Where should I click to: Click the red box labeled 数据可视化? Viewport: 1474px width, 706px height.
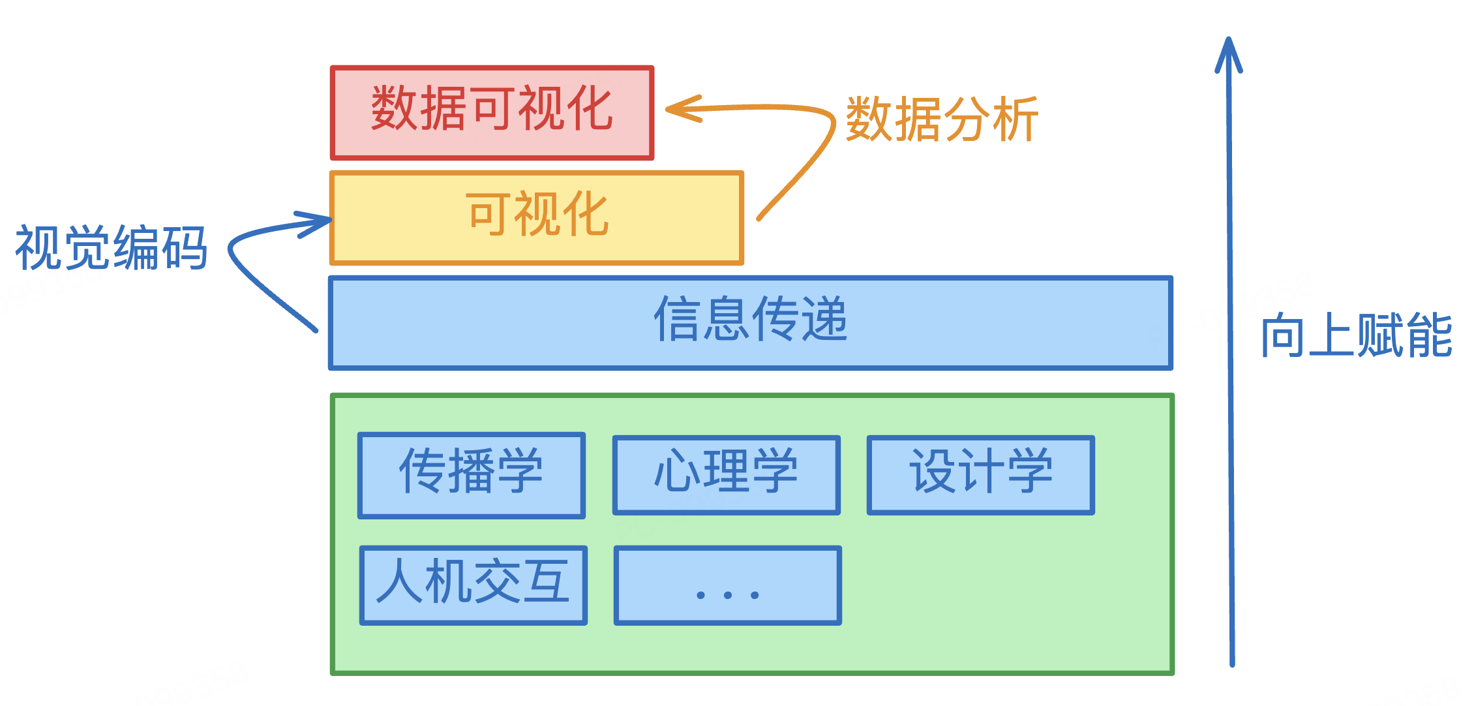[492, 112]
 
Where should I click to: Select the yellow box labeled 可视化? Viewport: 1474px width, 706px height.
[537, 217]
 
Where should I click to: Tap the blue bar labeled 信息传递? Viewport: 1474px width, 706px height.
[751, 323]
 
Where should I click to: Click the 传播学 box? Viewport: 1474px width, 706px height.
[472, 475]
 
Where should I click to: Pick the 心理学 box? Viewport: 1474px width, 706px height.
[727, 475]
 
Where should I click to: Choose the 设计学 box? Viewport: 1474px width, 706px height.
[981, 475]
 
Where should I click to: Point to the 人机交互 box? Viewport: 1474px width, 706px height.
[474, 585]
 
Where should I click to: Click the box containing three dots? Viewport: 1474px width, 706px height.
[728, 585]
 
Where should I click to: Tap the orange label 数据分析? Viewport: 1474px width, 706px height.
[942, 119]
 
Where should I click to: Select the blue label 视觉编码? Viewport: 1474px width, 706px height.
[112, 247]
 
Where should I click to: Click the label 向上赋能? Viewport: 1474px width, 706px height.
[1357, 335]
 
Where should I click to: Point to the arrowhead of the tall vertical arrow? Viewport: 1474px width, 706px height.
[1228, 49]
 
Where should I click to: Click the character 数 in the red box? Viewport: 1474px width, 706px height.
[395, 108]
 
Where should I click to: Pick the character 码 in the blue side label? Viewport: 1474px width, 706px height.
[185, 247]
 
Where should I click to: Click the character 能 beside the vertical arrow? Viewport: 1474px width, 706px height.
[1430, 335]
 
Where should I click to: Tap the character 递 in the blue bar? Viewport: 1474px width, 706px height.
[824, 319]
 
